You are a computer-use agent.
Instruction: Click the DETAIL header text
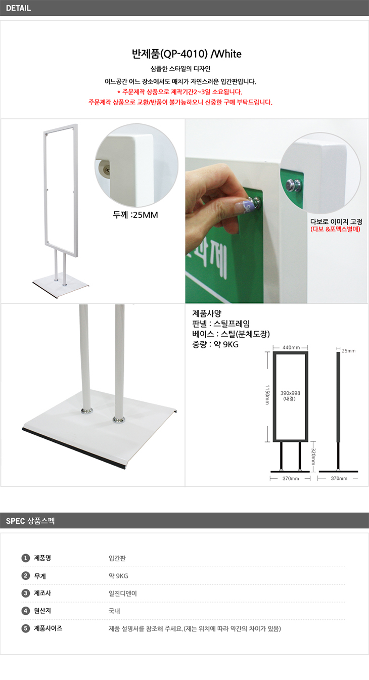click(x=18, y=8)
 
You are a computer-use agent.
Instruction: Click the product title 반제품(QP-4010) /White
click(x=187, y=54)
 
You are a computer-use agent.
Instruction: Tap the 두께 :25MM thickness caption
click(x=135, y=215)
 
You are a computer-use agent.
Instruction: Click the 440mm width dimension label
click(x=291, y=347)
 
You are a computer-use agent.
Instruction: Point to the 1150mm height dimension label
click(x=267, y=395)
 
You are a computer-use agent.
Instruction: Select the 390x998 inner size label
click(x=290, y=393)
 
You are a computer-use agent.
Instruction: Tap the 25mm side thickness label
click(x=349, y=351)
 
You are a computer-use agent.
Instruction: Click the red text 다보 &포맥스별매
click(x=335, y=229)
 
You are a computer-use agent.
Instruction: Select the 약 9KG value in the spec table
click(x=118, y=576)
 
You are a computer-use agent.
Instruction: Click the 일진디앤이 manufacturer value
click(x=123, y=593)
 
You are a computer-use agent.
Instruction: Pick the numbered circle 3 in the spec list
click(x=25, y=593)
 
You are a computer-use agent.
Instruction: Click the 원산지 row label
click(x=42, y=611)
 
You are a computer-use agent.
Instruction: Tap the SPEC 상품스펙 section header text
click(x=30, y=521)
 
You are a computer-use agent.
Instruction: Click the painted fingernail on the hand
click(x=243, y=207)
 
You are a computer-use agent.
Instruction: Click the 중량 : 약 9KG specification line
click(x=215, y=344)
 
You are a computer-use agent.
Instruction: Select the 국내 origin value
click(x=114, y=611)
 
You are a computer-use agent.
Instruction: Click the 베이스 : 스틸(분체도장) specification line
click(x=231, y=334)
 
